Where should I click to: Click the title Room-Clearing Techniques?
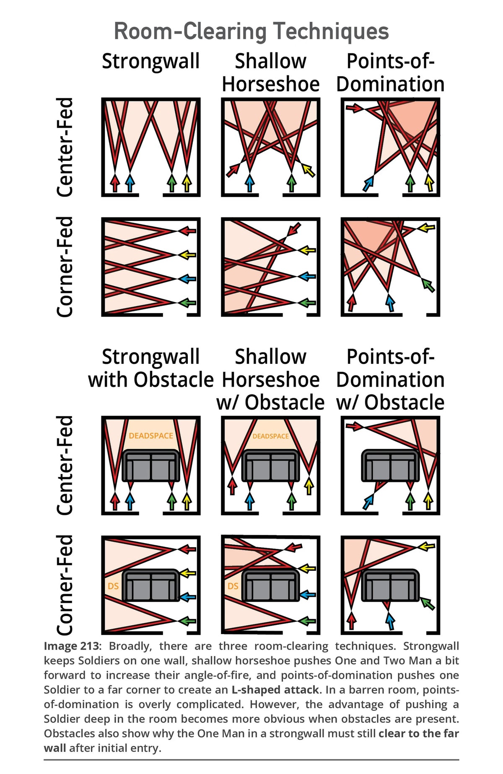click(251, 31)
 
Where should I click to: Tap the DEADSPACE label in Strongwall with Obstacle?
click(151, 436)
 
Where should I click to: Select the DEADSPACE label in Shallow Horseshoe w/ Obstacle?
click(271, 436)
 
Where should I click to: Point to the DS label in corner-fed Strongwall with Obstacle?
click(113, 586)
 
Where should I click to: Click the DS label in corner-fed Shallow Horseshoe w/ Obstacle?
click(233, 586)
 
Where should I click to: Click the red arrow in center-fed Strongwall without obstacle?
click(115, 183)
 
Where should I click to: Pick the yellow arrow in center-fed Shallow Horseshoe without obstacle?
click(308, 170)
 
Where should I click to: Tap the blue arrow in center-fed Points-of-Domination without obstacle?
click(368, 184)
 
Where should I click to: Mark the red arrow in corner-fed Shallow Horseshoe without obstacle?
click(295, 229)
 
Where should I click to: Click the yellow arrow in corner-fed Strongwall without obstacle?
click(187, 254)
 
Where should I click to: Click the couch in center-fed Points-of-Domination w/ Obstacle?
click(390, 466)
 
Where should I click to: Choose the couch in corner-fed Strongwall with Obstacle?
click(151, 585)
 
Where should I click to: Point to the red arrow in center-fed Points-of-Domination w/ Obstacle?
click(354, 426)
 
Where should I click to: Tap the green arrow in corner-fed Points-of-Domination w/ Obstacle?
click(428, 603)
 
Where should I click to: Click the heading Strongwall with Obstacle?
click(151, 368)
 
